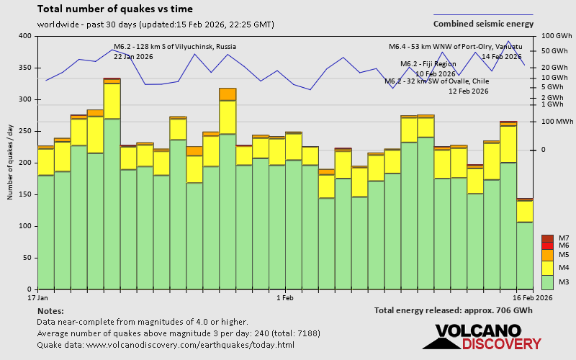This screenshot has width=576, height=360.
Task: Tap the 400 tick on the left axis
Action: [x=25, y=36]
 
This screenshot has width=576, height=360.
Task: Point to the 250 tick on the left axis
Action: [x=25, y=131]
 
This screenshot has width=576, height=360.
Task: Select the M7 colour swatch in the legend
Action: [x=547, y=238]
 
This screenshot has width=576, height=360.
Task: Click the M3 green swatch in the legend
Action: [x=547, y=281]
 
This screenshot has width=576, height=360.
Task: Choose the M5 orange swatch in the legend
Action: [x=547, y=255]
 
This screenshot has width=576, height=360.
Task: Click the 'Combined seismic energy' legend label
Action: [x=483, y=24]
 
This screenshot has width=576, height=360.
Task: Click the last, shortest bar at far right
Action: [x=525, y=245]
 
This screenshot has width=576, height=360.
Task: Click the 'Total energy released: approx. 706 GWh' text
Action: [x=454, y=310]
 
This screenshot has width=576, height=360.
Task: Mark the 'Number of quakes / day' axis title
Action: [x=10, y=162]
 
